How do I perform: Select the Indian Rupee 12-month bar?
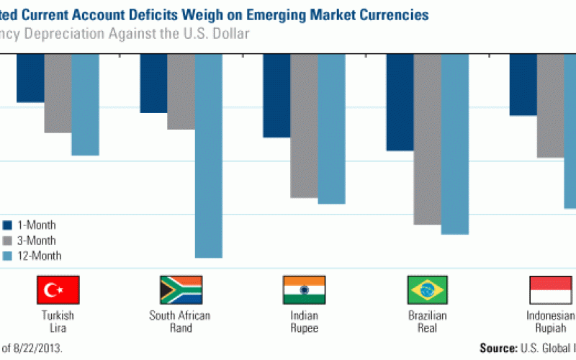pos(331,129)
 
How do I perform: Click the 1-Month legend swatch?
pos(6,225)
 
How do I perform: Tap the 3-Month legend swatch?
pos(6,240)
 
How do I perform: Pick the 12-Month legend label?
pos(39,256)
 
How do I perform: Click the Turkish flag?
pos(58,289)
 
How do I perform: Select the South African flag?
pos(181,289)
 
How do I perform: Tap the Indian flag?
pos(304,289)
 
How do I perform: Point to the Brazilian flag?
pos(428,289)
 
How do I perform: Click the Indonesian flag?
pos(551,289)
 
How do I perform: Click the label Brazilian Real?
pos(428,322)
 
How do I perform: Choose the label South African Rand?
pos(181,322)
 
